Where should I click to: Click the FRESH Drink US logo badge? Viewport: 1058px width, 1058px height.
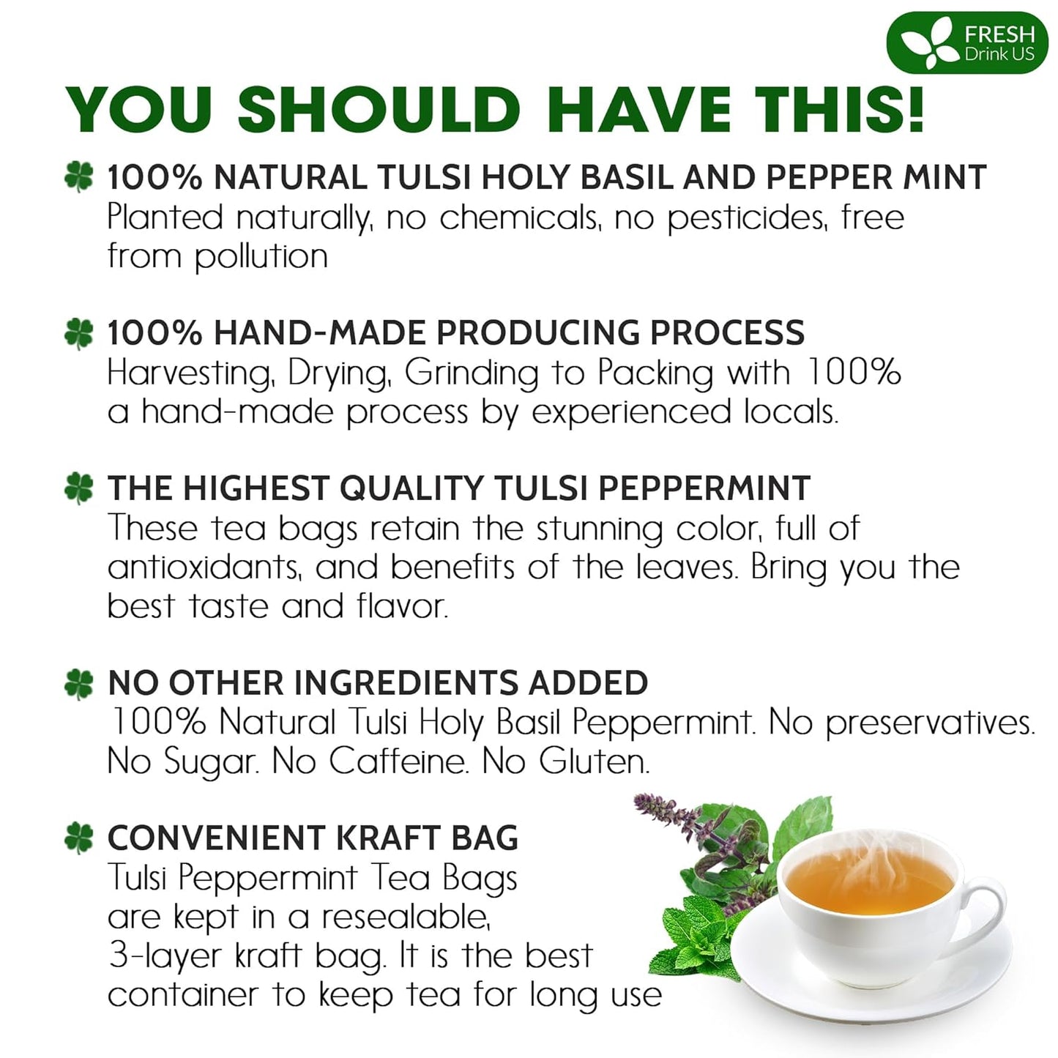(x=966, y=42)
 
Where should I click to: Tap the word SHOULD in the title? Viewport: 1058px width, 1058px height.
(x=378, y=110)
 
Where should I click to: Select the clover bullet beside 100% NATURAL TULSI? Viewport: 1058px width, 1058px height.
(x=79, y=177)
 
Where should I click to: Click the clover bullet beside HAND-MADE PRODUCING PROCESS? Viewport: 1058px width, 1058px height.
(x=79, y=333)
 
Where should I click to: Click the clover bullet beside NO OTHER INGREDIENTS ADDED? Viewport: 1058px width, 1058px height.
(x=79, y=683)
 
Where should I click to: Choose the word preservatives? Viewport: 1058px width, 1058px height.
(x=930, y=723)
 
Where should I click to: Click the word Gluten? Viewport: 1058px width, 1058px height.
(x=594, y=761)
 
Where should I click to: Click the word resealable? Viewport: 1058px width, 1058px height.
(x=406, y=917)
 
